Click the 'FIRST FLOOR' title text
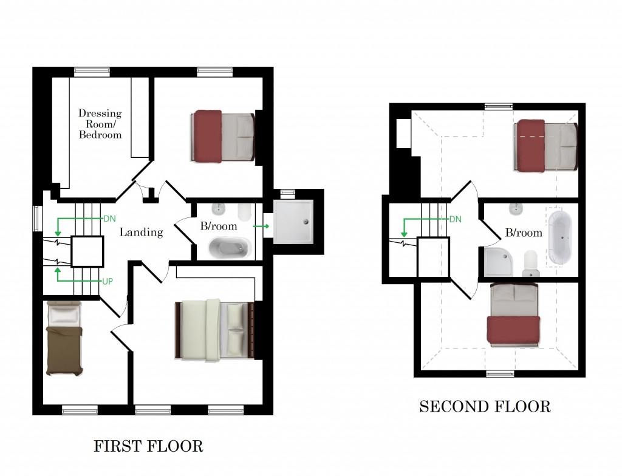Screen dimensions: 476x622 [x=148, y=447]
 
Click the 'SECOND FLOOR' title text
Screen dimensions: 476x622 [x=485, y=406]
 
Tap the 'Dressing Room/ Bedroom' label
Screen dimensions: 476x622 [x=100, y=124]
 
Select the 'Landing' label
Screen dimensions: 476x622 [x=141, y=232]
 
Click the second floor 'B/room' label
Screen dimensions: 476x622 [x=524, y=233]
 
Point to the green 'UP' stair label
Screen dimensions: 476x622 [x=106, y=282]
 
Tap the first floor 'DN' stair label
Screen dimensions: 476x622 [x=109, y=218]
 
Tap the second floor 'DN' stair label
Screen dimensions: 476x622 [x=455, y=219]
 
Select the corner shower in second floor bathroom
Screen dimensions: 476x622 [x=500, y=262]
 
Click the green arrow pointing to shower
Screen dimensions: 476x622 [x=262, y=226]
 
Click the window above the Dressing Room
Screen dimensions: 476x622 [x=92, y=72]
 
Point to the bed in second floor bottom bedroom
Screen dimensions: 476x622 [x=514, y=314]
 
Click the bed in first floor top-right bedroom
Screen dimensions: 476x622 [x=223, y=137]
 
